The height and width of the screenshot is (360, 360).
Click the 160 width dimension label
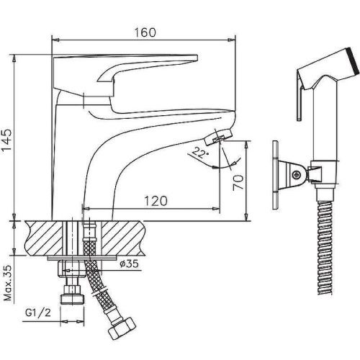point(145,32)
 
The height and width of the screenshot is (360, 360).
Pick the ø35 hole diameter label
point(130,264)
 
